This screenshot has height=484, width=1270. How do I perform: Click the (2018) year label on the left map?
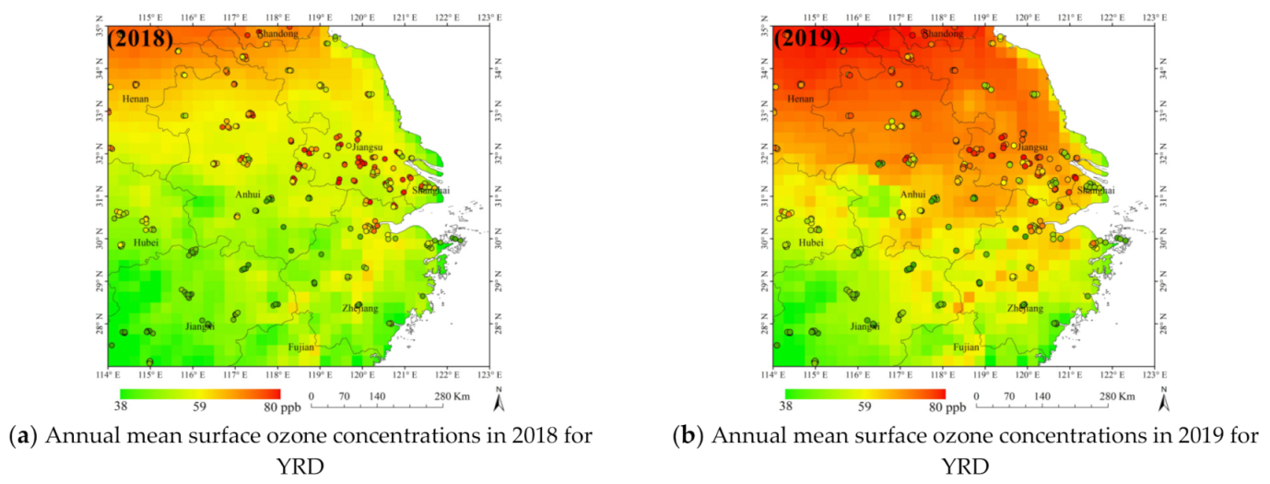click(x=140, y=40)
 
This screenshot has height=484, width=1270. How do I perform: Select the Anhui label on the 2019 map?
click(x=913, y=195)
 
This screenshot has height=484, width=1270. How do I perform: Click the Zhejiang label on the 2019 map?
click(x=1025, y=308)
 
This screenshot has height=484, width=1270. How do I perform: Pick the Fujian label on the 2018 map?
click(x=300, y=348)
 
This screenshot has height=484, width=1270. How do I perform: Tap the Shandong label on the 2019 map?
click(x=942, y=34)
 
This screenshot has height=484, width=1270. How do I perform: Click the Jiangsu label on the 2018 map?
click(x=371, y=147)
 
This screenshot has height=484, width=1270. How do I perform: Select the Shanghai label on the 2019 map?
click(x=1096, y=190)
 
